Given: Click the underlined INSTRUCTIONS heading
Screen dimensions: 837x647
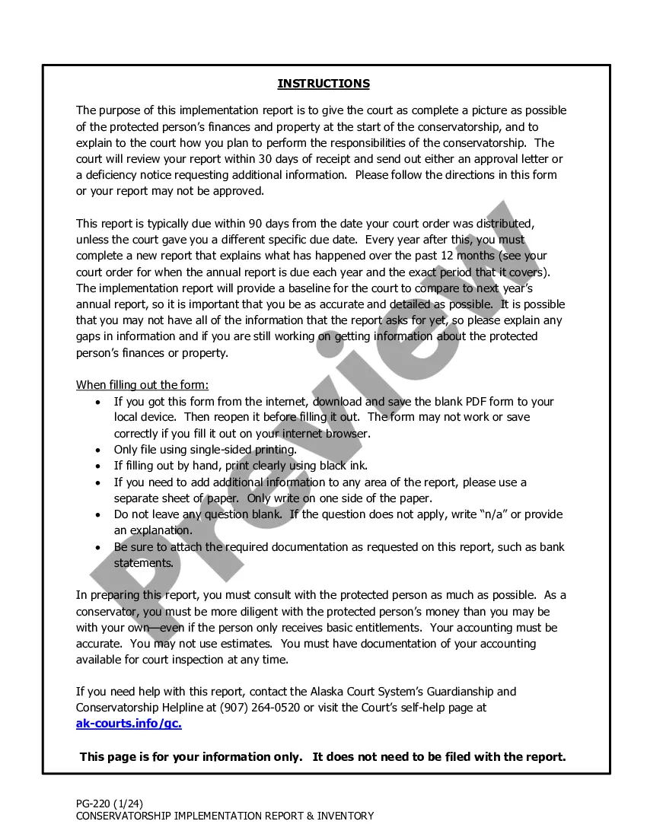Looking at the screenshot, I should (323, 84).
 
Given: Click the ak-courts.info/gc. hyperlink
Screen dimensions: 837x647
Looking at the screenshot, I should (129, 724).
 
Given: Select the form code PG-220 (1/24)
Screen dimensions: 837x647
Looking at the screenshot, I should (110, 804).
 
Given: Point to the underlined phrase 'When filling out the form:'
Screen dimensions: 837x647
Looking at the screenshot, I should (142, 385).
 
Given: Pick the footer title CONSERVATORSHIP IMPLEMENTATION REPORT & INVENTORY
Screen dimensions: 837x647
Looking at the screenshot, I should (225, 816).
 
